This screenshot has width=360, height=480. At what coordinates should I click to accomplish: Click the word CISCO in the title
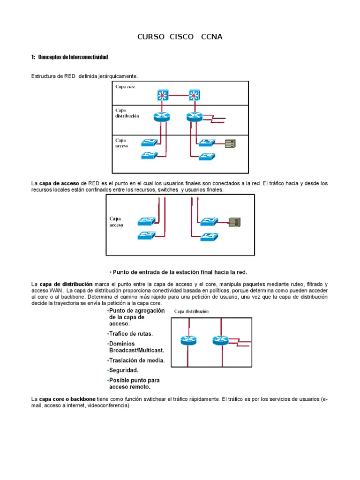click(180, 37)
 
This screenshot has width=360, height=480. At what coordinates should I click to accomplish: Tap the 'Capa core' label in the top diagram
click(126, 87)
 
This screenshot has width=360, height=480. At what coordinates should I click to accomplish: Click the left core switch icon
click(163, 96)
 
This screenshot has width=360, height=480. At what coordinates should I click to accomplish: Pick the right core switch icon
click(194, 96)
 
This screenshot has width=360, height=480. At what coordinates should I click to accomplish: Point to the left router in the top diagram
click(161, 117)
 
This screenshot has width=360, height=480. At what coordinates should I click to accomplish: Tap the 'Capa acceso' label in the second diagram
click(116, 222)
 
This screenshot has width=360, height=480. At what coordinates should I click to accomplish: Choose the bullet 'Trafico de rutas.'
click(131, 334)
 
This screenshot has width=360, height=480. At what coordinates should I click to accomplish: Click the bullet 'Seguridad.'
click(124, 370)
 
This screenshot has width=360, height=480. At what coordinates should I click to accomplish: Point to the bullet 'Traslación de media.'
click(137, 361)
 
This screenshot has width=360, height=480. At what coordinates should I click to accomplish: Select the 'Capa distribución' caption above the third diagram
click(192, 311)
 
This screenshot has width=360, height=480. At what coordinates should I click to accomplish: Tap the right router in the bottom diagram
click(220, 340)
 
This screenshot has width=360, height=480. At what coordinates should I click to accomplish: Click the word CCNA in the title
click(211, 37)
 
